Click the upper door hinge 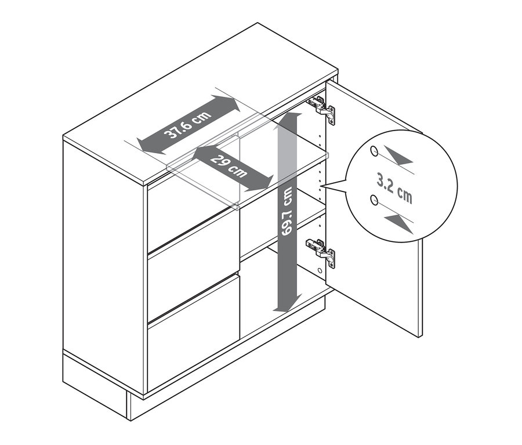pos(322,108)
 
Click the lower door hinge pos(322,251)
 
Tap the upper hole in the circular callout pos(374,152)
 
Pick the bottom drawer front pos(193,331)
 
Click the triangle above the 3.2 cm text pos(399,157)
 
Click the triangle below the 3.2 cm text pos(399,223)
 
